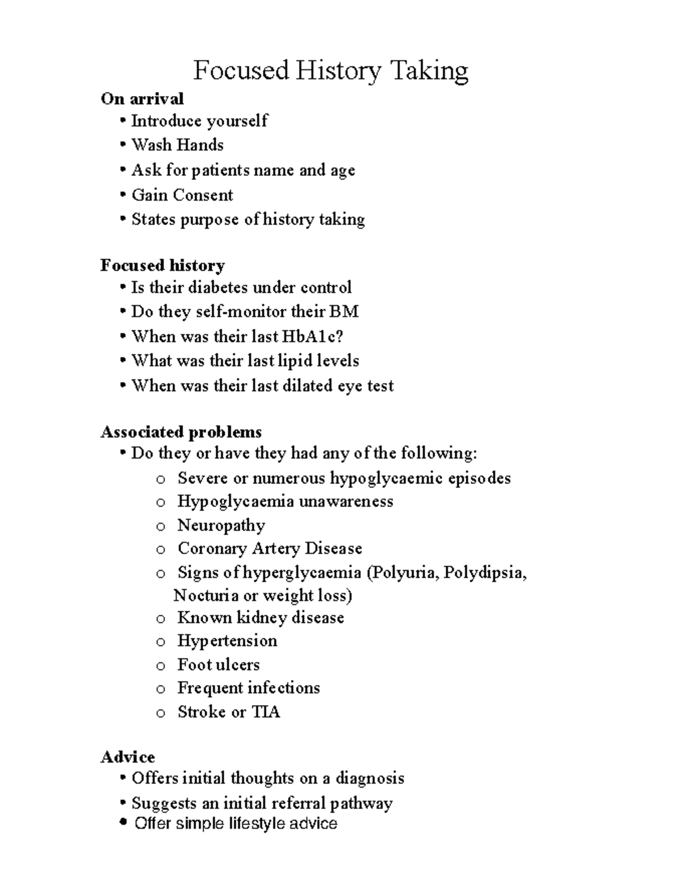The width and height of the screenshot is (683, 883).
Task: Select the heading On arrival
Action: [x=142, y=99]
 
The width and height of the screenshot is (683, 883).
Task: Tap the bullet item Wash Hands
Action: [x=178, y=145]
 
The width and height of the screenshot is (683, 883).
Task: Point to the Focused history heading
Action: [x=163, y=266]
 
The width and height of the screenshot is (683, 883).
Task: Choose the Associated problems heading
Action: [x=181, y=432]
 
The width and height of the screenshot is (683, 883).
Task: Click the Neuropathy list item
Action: [x=221, y=525]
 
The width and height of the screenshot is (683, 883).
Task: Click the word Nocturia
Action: [x=206, y=595]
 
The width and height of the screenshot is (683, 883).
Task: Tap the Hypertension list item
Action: [x=227, y=641]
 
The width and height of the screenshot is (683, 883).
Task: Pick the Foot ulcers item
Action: [x=219, y=665]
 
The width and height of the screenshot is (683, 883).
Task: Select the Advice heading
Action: [x=128, y=757]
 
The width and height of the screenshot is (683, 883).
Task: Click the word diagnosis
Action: [x=370, y=778]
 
